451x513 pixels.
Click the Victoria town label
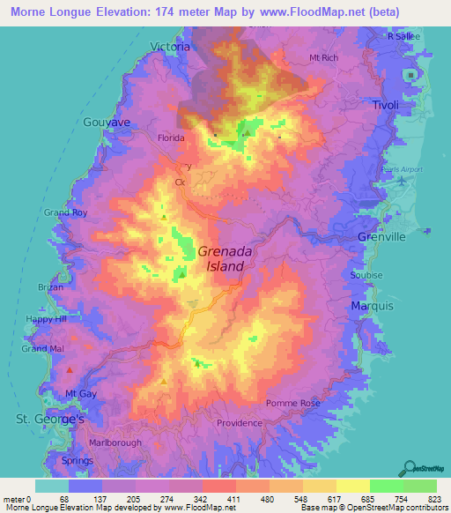point(170,46)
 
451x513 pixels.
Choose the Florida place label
point(170,138)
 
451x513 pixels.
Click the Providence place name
point(240,423)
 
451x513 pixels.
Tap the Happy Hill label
point(47,318)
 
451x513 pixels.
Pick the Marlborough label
point(114,442)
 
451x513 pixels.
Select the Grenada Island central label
point(224,257)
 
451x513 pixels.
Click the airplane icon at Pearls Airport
point(403,181)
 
